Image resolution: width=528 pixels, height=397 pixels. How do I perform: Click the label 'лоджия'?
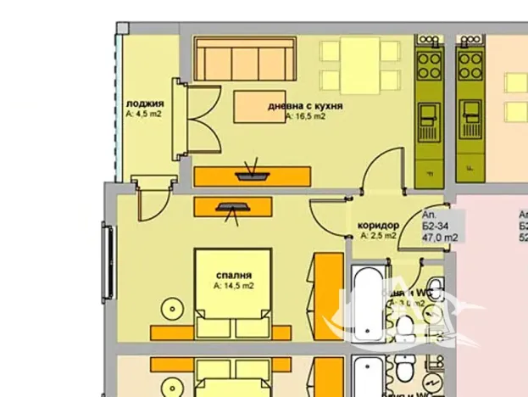point(140,103)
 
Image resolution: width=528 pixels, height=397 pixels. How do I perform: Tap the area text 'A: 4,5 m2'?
point(142,114)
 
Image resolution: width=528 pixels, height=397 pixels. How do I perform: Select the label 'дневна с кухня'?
point(305,106)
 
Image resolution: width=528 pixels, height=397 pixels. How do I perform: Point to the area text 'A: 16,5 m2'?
point(304,117)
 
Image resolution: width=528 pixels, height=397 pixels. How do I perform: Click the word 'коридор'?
point(378,225)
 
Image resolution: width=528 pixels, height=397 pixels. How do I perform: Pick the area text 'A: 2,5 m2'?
point(378,236)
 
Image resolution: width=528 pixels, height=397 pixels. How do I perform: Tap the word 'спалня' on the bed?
point(232,275)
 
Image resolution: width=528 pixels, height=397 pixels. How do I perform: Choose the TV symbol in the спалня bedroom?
point(232,206)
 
